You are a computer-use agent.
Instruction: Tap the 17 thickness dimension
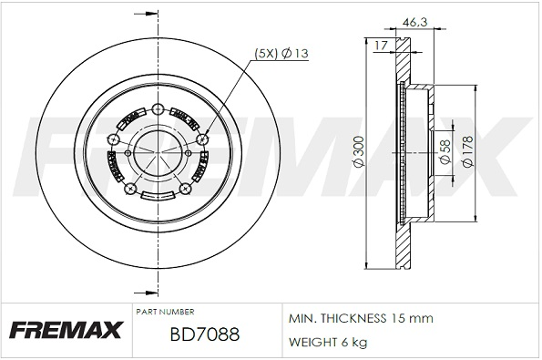381,42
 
